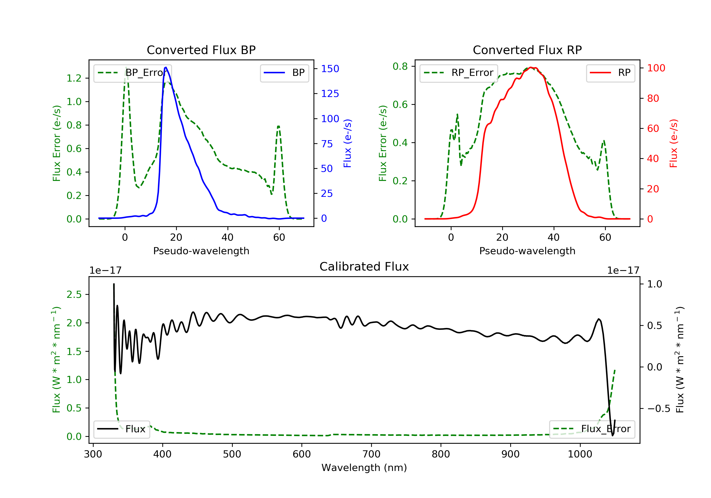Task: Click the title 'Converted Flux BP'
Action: point(201,50)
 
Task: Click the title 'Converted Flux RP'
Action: point(527,50)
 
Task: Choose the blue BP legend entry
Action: point(284,73)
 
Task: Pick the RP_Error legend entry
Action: point(458,73)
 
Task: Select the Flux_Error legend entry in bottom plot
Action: point(592,429)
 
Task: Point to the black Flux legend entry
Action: point(121,429)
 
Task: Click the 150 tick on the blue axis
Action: point(330,69)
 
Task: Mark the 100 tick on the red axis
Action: point(656,68)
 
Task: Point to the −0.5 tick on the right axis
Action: point(658,409)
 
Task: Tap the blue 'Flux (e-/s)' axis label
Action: point(347,143)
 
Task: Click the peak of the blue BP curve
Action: point(166,67)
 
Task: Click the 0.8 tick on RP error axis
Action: point(400,66)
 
